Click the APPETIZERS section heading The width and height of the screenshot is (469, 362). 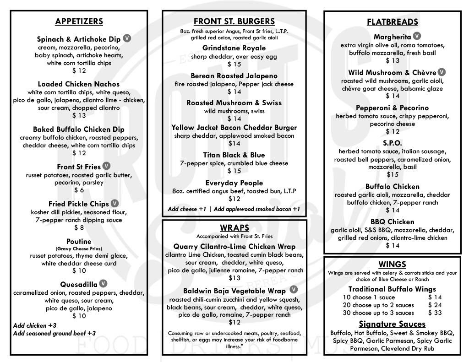point(79,22)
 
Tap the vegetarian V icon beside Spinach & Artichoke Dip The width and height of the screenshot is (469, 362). point(127,38)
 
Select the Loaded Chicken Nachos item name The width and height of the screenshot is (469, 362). point(79,84)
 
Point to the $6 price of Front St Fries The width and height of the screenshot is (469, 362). point(79,190)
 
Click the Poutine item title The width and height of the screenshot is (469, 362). point(79,241)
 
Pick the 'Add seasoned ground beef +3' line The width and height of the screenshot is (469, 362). point(55,333)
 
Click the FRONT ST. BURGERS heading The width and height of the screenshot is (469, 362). point(234,22)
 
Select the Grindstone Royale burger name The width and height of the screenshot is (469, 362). point(234,48)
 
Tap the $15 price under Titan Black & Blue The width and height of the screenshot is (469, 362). point(234,171)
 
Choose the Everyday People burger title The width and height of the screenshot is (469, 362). point(234,183)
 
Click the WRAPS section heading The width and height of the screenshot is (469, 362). point(234,228)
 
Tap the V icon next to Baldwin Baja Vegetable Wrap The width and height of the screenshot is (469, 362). point(294,290)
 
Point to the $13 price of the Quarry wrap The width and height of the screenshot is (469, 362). point(234,278)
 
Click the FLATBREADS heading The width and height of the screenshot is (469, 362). point(393,22)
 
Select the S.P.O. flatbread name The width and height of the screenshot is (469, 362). point(393,143)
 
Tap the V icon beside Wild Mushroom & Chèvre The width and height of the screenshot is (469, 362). point(442,72)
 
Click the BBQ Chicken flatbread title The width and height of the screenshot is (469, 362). point(393,222)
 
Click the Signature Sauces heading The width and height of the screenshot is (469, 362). point(393,324)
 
